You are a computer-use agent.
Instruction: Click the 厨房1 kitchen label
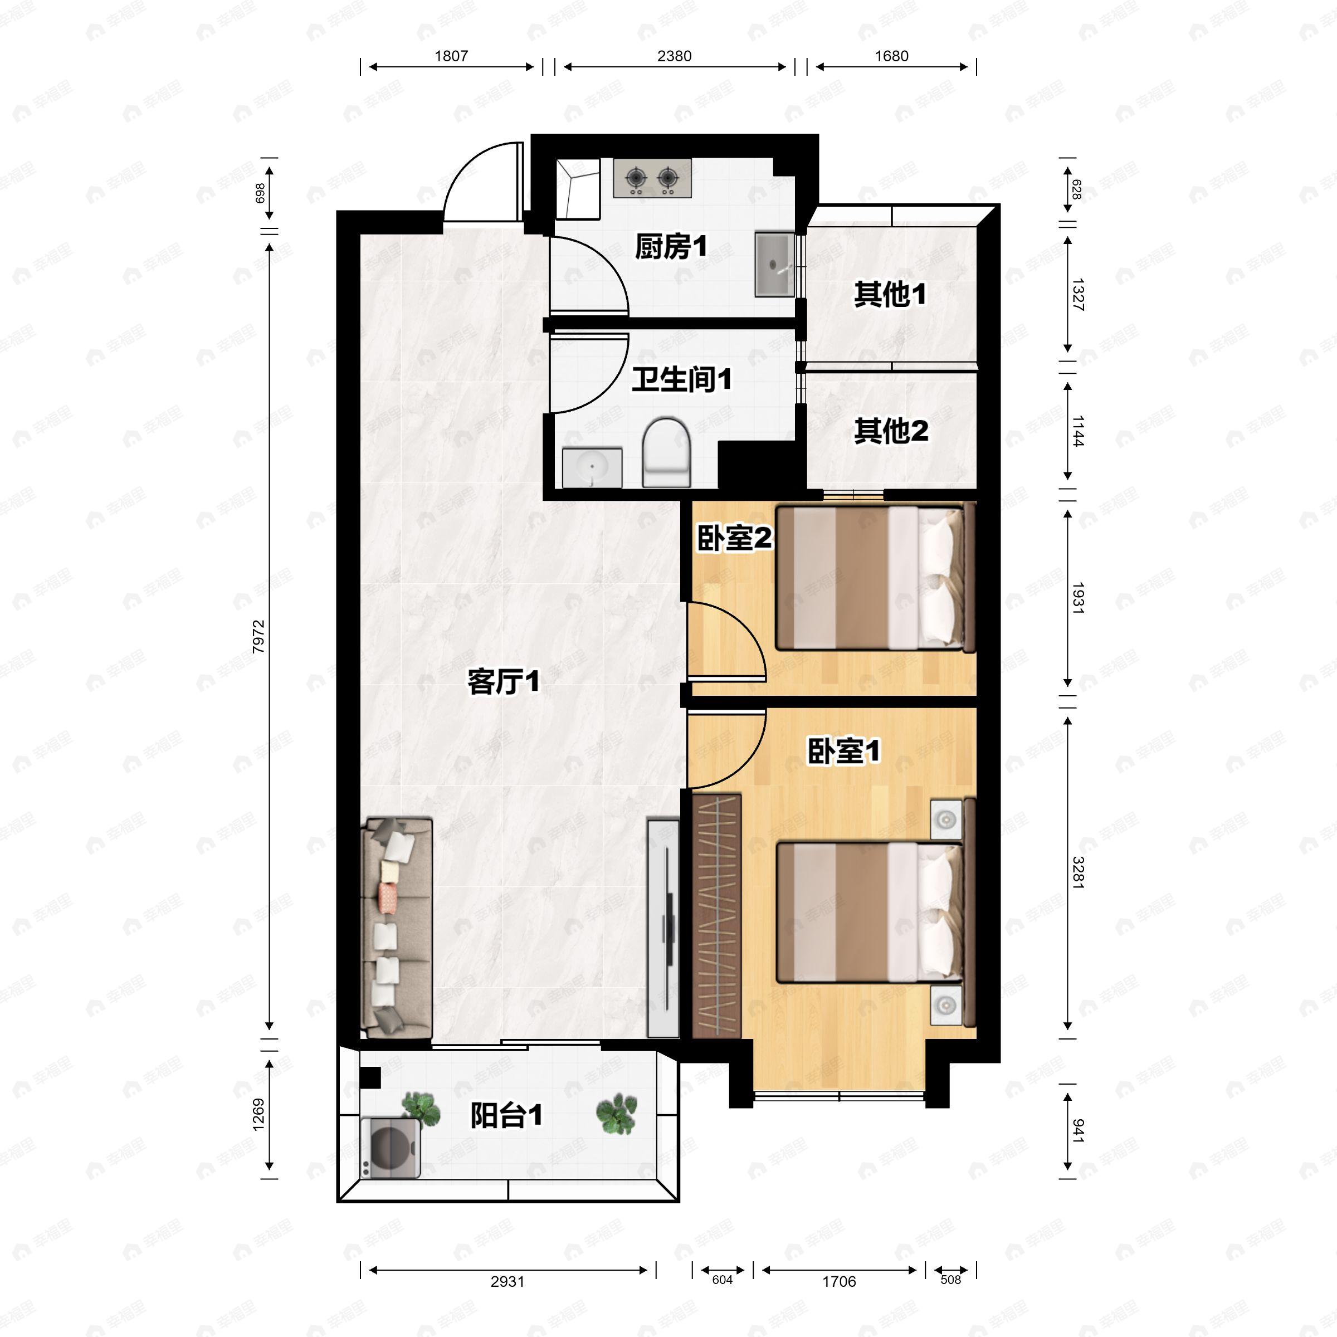671,247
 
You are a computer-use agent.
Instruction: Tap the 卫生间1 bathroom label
682,379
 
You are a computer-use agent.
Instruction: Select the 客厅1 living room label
503,682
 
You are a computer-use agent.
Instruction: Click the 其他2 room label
891,431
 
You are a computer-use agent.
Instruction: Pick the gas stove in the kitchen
652,178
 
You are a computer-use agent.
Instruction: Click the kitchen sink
774,265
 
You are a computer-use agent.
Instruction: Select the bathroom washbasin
592,468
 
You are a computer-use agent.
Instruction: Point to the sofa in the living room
397,928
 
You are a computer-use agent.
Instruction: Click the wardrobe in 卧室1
716,915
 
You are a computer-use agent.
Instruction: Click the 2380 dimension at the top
674,56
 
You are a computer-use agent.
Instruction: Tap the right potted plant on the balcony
616,1114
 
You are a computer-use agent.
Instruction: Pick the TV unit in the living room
663,928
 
